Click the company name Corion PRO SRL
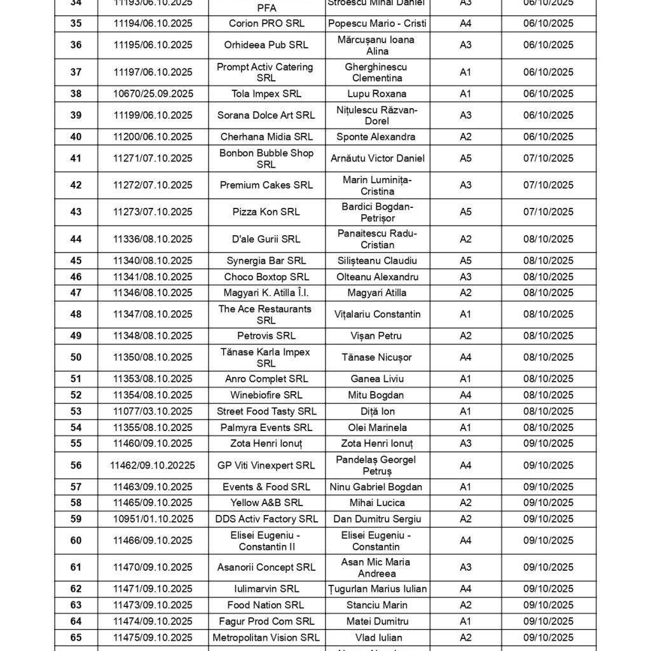[x=266, y=24]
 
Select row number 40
[x=76, y=137]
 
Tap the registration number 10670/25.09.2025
[x=153, y=94]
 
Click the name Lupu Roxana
[x=377, y=94]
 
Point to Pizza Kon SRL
[x=266, y=212]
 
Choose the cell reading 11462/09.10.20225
[x=153, y=465]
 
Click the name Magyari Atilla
[x=377, y=293]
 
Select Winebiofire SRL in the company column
[x=266, y=395]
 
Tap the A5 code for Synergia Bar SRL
[x=465, y=261]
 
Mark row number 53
[x=76, y=411]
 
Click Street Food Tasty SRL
[x=266, y=411]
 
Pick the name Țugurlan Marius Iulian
[x=377, y=589]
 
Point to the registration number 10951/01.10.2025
[x=153, y=519]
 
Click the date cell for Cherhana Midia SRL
[x=548, y=137]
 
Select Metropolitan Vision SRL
[x=266, y=637]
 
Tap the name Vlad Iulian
[x=377, y=637]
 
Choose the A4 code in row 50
[x=465, y=357]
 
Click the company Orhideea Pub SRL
[x=266, y=45]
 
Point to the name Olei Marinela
[x=377, y=428]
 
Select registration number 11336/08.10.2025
[x=153, y=240]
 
